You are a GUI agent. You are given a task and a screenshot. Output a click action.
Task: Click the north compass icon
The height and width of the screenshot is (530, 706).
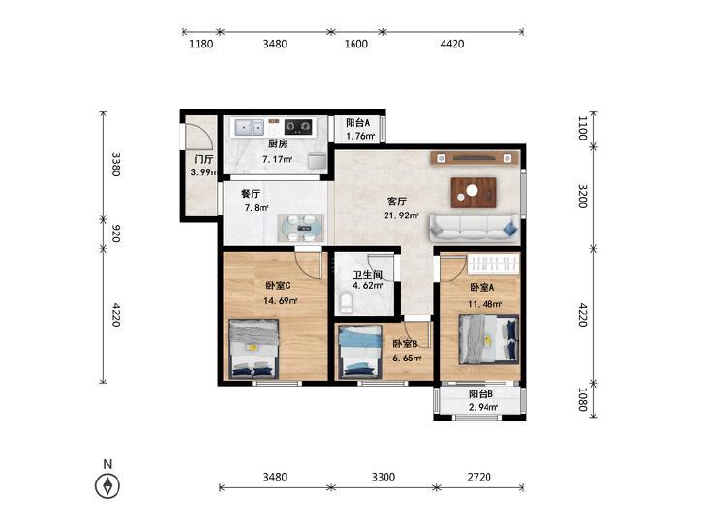coord(107,485)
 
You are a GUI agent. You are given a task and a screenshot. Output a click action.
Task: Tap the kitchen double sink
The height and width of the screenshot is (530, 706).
coord(247,128)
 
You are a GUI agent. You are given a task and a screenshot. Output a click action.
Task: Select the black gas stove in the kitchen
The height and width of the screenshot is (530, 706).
coord(298,127)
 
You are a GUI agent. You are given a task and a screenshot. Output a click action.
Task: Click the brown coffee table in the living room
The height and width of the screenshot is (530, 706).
coord(474,192)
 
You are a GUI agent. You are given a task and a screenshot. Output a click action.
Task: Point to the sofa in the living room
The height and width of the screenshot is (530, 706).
coord(475,230)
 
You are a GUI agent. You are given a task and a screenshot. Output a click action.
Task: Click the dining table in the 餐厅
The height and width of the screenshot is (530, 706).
coord(301,228)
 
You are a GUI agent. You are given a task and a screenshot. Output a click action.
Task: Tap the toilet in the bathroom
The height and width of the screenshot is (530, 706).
coord(346,302)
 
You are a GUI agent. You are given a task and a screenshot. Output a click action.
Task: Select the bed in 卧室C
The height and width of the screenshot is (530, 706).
coord(254,349)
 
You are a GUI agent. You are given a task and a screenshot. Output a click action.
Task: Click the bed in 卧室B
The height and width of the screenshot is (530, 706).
coord(360,351)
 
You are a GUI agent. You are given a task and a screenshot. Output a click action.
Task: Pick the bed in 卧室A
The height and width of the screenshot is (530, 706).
coord(488,339)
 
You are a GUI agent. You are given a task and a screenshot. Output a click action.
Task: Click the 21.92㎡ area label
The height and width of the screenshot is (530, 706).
coord(401,215)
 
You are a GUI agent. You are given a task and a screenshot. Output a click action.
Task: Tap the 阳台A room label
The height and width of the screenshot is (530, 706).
coord(358,122)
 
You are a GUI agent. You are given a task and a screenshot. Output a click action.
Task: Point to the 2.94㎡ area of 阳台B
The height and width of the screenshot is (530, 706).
coord(483,408)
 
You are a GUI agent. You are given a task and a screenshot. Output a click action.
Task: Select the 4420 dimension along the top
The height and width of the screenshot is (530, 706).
coord(452,44)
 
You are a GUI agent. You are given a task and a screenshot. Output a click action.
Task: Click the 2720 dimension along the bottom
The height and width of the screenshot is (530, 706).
coord(478,477)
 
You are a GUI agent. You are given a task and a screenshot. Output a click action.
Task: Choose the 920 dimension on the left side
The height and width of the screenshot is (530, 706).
coord(115,234)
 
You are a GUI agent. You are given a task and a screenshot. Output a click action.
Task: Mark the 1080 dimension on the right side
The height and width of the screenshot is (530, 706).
coord(582,399)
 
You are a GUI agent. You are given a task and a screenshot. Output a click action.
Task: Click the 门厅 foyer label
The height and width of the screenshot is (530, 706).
coord(204,159)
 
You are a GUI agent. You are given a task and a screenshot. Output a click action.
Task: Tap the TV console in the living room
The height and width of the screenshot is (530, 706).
coord(475,158)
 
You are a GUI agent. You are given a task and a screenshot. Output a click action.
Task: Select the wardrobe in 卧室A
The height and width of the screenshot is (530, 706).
coord(493,264)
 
